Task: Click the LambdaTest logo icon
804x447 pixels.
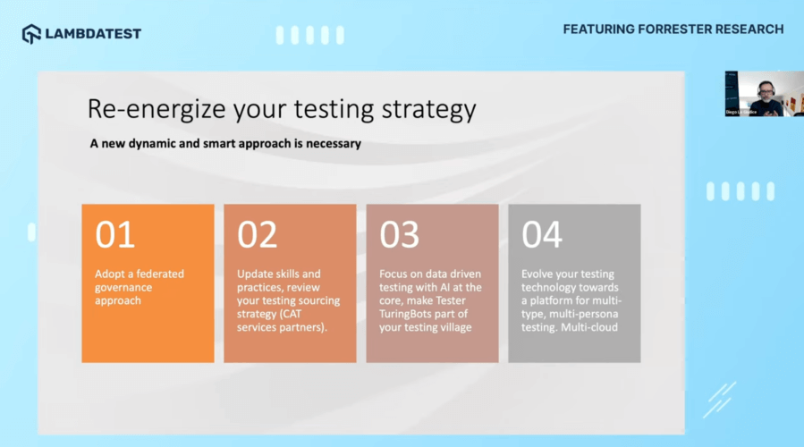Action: point(31,34)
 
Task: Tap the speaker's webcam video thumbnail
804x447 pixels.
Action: point(752,94)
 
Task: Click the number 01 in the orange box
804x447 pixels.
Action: point(114,234)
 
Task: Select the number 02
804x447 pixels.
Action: point(257,234)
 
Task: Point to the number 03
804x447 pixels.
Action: point(399,234)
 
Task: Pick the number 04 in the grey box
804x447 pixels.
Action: point(542,234)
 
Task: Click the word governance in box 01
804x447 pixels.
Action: point(124,287)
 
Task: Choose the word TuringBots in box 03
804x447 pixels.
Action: point(409,314)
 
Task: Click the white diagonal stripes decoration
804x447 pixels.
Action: point(719,399)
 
